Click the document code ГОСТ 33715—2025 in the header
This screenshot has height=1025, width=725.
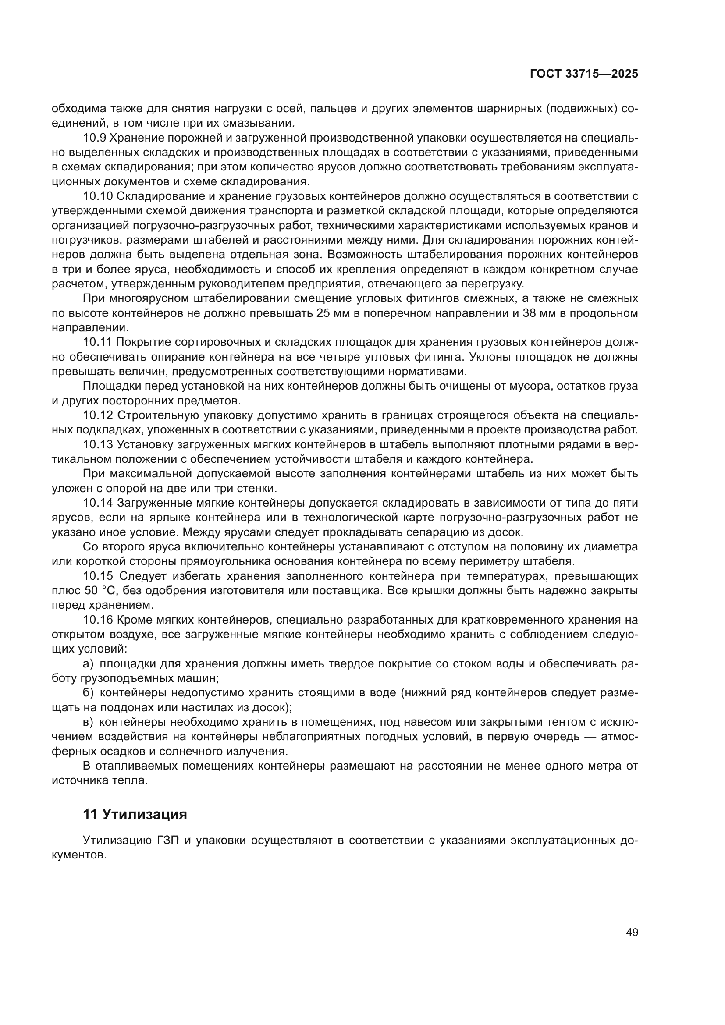(583, 74)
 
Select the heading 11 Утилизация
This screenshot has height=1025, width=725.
(135, 814)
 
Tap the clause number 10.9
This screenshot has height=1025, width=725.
(94, 138)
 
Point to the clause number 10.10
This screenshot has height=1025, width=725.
(98, 196)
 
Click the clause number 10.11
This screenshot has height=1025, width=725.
(98, 342)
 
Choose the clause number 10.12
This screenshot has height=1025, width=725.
(98, 415)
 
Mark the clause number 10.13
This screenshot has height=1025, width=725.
(98, 445)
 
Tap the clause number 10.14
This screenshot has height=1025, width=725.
(98, 503)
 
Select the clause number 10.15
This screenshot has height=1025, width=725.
(98, 576)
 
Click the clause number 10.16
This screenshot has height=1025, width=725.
(98, 620)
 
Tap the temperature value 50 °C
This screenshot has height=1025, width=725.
(100, 591)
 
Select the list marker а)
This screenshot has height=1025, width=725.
(88, 664)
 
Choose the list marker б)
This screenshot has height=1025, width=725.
(88, 693)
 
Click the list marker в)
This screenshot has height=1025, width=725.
(88, 722)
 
